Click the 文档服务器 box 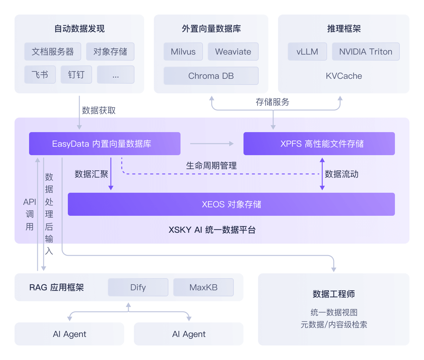(53, 52)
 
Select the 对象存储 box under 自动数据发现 (110, 52)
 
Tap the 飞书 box (40, 75)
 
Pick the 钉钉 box (76, 75)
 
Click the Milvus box (183, 52)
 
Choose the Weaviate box (233, 52)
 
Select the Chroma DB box (211, 76)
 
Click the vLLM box (307, 52)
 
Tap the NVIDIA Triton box (366, 52)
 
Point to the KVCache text (344, 76)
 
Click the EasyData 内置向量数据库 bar (105, 144)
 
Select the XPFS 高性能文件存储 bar (319, 144)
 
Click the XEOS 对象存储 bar (231, 204)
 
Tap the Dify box (138, 287)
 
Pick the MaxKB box (204, 287)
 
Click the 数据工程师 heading (333, 294)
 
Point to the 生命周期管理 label (211, 166)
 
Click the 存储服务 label (273, 102)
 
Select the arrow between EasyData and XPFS (212, 144)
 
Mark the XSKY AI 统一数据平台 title (212, 230)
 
